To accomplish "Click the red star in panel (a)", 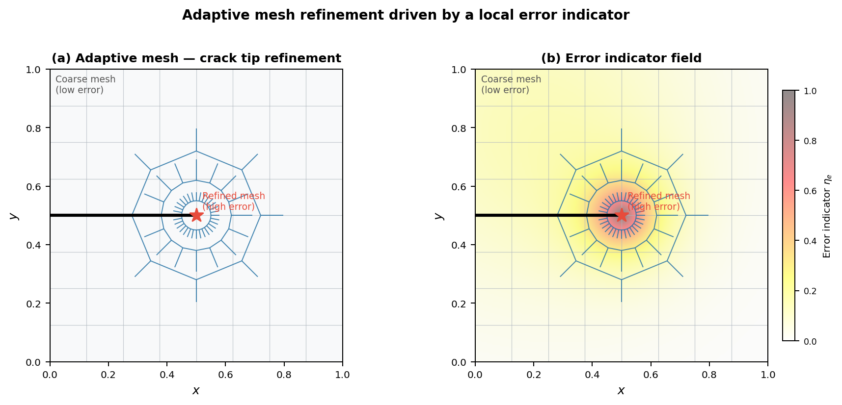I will coord(196,215).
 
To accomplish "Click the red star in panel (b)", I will coord(622,215).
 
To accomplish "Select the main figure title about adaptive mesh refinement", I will coord(406,15).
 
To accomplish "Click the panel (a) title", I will coord(196,58).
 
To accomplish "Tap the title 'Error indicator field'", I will coord(621,58).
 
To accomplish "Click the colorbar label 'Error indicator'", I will coord(827,216).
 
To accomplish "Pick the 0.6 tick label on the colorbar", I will coord(810,191).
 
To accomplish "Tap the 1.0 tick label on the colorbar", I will coord(810,91).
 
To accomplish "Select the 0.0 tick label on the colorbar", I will coord(810,341).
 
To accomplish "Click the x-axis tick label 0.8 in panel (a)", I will coord(284,375).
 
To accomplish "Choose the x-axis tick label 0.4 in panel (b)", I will coord(592,375).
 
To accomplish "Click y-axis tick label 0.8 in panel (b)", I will coord(459,128).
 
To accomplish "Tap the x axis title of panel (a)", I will coord(196,390).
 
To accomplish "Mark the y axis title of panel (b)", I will coord(439,216).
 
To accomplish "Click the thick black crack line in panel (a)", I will coord(98,215).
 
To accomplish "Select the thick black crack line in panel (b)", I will coord(520,215).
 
